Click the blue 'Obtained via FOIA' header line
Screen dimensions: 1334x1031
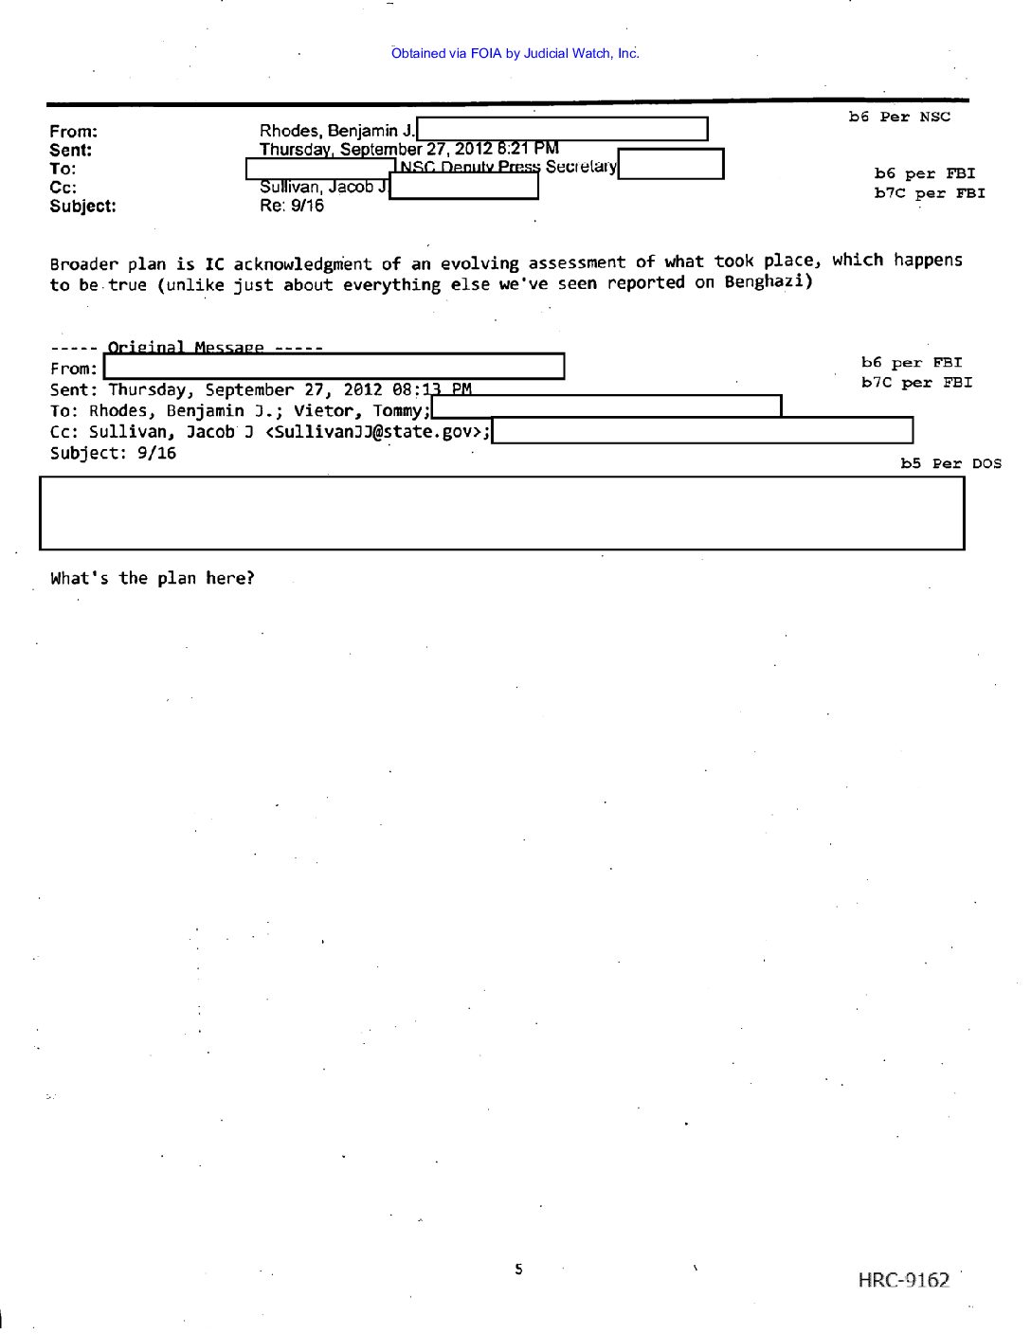(x=515, y=53)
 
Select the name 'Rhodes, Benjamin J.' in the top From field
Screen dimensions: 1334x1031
(x=336, y=131)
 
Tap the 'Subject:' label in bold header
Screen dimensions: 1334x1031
(x=83, y=206)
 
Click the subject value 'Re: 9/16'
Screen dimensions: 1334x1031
(x=292, y=206)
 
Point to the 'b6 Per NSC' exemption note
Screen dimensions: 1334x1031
(x=898, y=117)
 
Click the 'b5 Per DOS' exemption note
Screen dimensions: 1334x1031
(x=950, y=463)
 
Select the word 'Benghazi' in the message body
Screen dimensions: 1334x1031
(x=764, y=281)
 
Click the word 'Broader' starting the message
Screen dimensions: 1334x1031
(x=84, y=264)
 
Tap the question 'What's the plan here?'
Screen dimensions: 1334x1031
(x=153, y=578)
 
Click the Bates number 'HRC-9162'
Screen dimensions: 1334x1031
(x=903, y=1280)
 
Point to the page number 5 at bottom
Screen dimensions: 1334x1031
(x=518, y=1269)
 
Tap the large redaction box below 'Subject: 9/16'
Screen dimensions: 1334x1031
(x=501, y=513)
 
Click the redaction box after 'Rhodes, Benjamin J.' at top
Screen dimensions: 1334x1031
(x=562, y=129)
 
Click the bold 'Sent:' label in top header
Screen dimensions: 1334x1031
(x=71, y=150)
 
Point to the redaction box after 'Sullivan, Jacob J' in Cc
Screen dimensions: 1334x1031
(x=463, y=187)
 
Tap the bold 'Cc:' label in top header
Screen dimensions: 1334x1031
(x=63, y=187)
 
